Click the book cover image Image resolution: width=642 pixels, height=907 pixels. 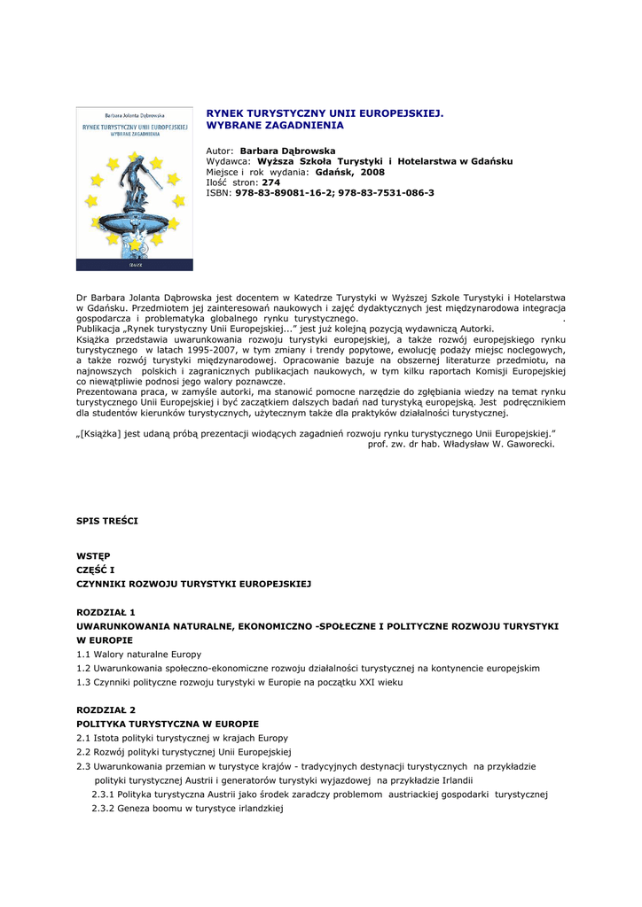click(x=134, y=189)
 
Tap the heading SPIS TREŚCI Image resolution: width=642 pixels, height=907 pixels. click(x=106, y=521)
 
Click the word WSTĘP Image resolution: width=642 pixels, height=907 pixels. click(x=93, y=555)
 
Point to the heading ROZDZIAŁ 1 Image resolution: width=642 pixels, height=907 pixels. click(x=106, y=612)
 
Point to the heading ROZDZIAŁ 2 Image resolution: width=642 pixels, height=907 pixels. click(x=106, y=710)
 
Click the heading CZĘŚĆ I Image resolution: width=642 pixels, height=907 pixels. click(x=96, y=570)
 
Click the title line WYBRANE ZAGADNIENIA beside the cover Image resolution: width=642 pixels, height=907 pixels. click(x=275, y=126)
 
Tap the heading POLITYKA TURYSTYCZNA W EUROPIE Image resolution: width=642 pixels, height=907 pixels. click(x=168, y=724)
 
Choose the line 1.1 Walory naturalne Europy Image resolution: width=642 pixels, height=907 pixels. click(x=139, y=654)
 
